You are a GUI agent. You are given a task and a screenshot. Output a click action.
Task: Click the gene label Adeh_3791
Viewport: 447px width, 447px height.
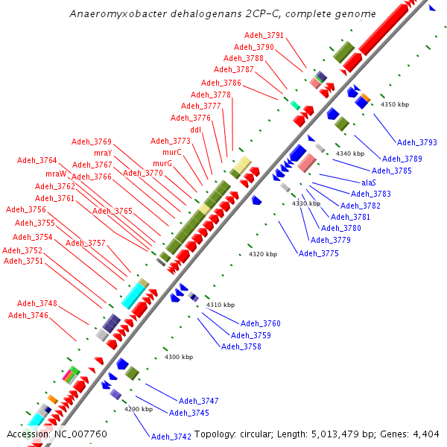pyautogui.click(x=264, y=36)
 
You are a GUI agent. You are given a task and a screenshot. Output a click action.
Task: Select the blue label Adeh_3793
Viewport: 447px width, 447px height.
pyautogui.click(x=416, y=142)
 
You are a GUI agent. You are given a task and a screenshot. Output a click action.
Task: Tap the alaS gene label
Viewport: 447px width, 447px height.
pyautogui.click(x=369, y=183)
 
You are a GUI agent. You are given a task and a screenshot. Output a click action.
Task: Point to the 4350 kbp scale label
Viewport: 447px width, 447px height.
pyautogui.click(x=395, y=105)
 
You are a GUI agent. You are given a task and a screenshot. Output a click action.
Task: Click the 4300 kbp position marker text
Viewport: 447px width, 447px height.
pyautogui.click(x=178, y=358)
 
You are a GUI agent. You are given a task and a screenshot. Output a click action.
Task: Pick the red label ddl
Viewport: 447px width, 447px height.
pyautogui.click(x=196, y=130)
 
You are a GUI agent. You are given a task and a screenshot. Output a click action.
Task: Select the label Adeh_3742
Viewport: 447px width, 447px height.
pyautogui.click(x=171, y=437)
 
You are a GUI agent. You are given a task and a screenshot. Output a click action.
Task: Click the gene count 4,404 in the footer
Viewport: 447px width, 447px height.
pyautogui.click(x=425, y=434)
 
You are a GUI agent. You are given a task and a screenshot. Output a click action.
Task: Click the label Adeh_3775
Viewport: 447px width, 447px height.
pyautogui.click(x=319, y=254)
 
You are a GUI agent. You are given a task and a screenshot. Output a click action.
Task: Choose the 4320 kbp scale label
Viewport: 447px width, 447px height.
pyautogui.click(x=262, y=255)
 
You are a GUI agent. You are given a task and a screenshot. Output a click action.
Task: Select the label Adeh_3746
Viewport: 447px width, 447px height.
pyautogui.click(x=28, y=316)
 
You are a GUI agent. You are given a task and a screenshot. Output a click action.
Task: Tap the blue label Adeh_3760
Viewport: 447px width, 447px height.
pyautogui.click(x=261, y=324)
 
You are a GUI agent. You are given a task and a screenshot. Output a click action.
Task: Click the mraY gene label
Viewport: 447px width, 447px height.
pyautogui.click(x=103, y=153)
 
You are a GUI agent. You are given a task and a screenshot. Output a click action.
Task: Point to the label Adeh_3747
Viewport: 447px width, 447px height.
pyautogui.click(x=199, y=401)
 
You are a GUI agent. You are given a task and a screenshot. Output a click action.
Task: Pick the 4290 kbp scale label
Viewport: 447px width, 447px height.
pyautogui.click(x=138, y=409)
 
